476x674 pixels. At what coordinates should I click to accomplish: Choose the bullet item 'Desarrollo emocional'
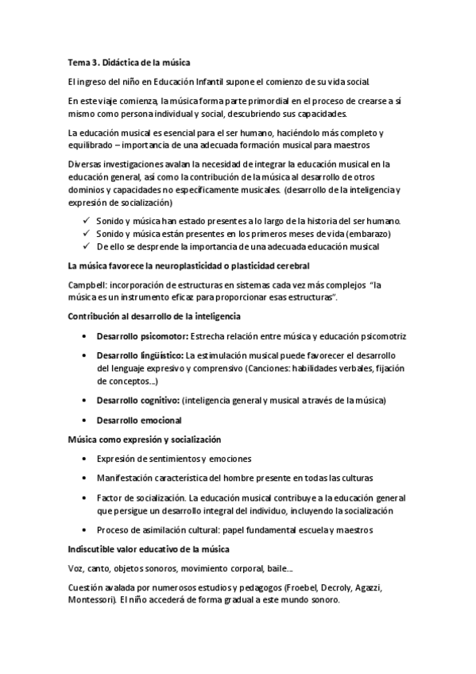[x=138, y=420]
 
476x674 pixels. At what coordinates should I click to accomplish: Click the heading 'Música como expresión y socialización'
[x=144, y=439]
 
